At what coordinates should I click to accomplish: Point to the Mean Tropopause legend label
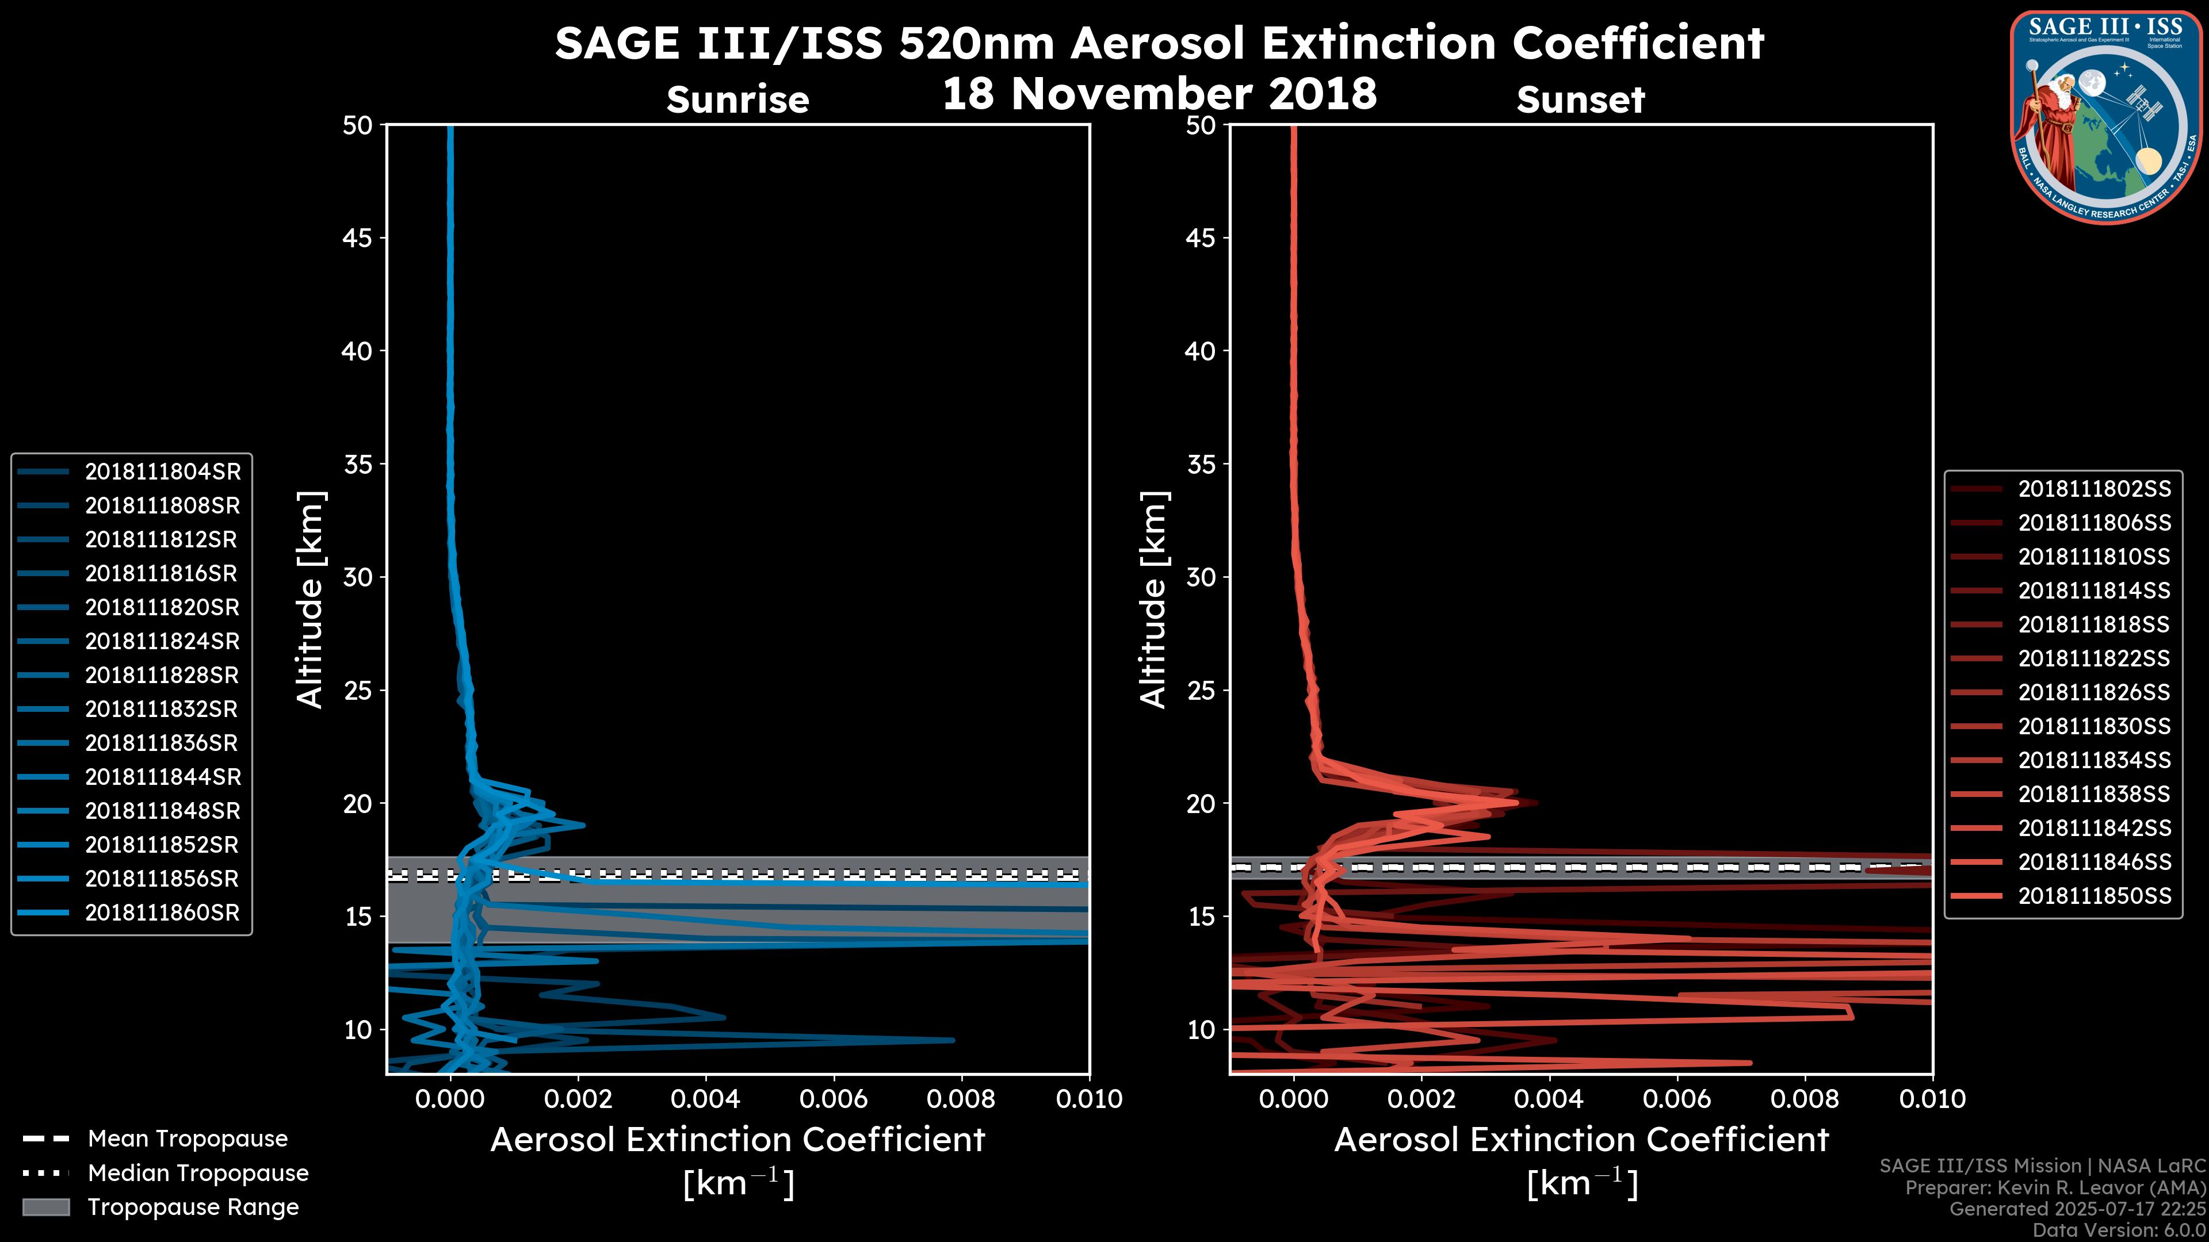pos(188,1138)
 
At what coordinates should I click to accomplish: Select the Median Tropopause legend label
pos(198,1172)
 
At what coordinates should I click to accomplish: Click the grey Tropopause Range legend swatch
pos(46,1207)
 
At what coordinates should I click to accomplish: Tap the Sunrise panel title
pos(737,99)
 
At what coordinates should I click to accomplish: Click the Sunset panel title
pos(1580,99)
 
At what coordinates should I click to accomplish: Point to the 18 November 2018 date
pos(1159,93)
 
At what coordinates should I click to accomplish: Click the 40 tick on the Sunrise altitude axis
pos(358,351)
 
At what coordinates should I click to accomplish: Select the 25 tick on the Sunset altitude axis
pos(1201,690)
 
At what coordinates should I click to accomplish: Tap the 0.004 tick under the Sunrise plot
pos(705,1099)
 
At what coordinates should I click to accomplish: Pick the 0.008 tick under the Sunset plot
pos(1805,1099)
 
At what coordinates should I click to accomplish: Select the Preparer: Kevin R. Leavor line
pos(2055,1187)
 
